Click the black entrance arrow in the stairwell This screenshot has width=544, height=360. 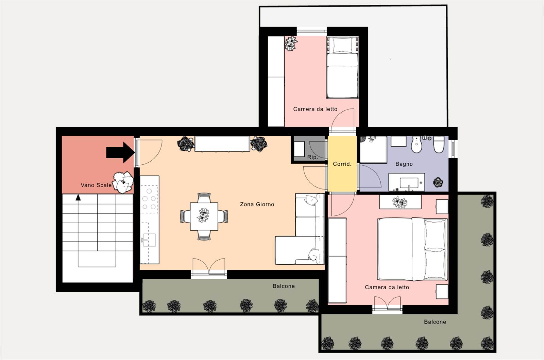click(x=121, y=152)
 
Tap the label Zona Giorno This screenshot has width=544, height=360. click(x=257, y=204)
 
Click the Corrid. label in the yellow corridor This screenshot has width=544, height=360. click(x=342, y=164)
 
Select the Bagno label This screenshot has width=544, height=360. click(x=404, y=164)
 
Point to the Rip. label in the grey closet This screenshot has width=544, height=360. click(x=312, y=157)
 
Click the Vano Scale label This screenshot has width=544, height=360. click(x=96, y=185)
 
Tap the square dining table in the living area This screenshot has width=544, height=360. click(x=204, y=216)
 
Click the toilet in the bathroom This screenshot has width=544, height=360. click(x=439, y=144)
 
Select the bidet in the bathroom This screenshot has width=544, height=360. click(x=417, y=144)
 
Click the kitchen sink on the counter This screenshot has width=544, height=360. click(x=149, y=240)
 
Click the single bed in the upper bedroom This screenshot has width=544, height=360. click(x=342, y=68)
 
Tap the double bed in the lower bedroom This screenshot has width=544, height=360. click(x=412, y=249)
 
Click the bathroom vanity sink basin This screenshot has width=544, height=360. click(x=409, y=183)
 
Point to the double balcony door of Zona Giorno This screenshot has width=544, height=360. click(x=209, y=267)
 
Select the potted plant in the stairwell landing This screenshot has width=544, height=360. click(x=123, y=182)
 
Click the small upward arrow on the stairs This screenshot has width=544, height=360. click(x=78, y=197)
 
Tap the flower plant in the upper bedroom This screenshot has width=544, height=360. click(x=291, y=43)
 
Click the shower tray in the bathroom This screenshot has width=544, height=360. click(x=373, y=149)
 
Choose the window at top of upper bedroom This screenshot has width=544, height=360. click(x=312, y=31)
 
